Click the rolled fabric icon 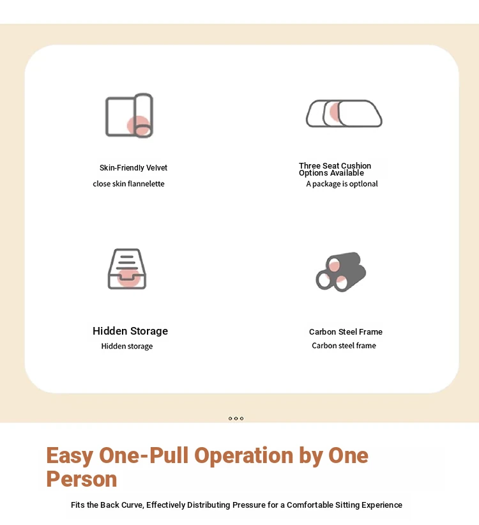point(130,116)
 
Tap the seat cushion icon point(344,114)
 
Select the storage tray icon point(127,269)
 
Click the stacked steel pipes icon point(341,271)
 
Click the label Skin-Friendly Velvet point(133,168)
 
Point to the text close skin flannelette point(128,184)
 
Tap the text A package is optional point(342,184)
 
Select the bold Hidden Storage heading point(130,331)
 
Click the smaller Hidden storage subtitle point(127,346)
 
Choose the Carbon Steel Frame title point(346,332)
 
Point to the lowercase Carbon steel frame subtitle point(344,346)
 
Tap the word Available point(347,173)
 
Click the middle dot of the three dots point(236,418)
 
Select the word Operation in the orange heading point(244,455)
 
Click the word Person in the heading point(82,479)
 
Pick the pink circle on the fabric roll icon point(138,126)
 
